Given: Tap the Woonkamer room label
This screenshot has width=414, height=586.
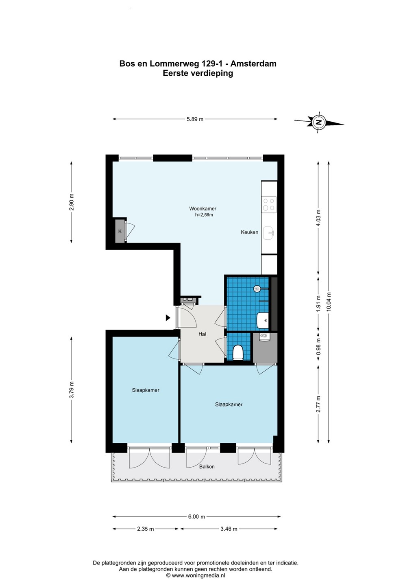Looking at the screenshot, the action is pyautogui.click(x=203, y=208).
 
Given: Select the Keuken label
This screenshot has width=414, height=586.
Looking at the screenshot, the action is pyautogui.click(x=249, y=232).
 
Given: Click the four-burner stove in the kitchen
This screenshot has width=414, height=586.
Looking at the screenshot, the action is pyautogui.click(x=269, y=204).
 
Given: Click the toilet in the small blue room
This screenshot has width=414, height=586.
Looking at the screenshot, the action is pyautogui.click(x=238, y=352).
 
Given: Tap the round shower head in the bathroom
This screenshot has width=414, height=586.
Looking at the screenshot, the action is pyautogui.click(x=257, y=289).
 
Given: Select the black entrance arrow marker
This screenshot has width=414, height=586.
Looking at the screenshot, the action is pyautogui.click(x=168, y=317).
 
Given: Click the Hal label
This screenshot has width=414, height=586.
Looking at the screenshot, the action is pyautogui.click(x=202, y=334).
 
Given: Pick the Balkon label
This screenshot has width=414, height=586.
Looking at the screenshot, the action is pyautogui.click(x=207, y=466).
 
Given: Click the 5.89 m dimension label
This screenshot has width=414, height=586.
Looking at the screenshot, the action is pyautogui.click(x=195, y=119).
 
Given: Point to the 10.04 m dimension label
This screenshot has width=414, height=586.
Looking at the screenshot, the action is pyautogui.click(x=329, y=301).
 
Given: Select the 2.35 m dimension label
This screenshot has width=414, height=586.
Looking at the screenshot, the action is pyautogui.click(x=146, y=529).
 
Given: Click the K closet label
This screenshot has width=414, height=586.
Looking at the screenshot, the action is pyautogui.click(x=120, y=231).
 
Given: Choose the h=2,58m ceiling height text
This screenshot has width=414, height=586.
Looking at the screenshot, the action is pyautogui.click(x=204, y=215).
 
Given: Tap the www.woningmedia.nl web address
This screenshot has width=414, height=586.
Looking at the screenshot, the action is pyautogui.click(x=198, y=575).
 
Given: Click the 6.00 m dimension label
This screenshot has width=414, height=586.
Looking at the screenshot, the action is pyautogui.click(x=196, y=517).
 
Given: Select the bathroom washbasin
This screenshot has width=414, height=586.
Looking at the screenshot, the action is pyautogui.click(x=262, y=320).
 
